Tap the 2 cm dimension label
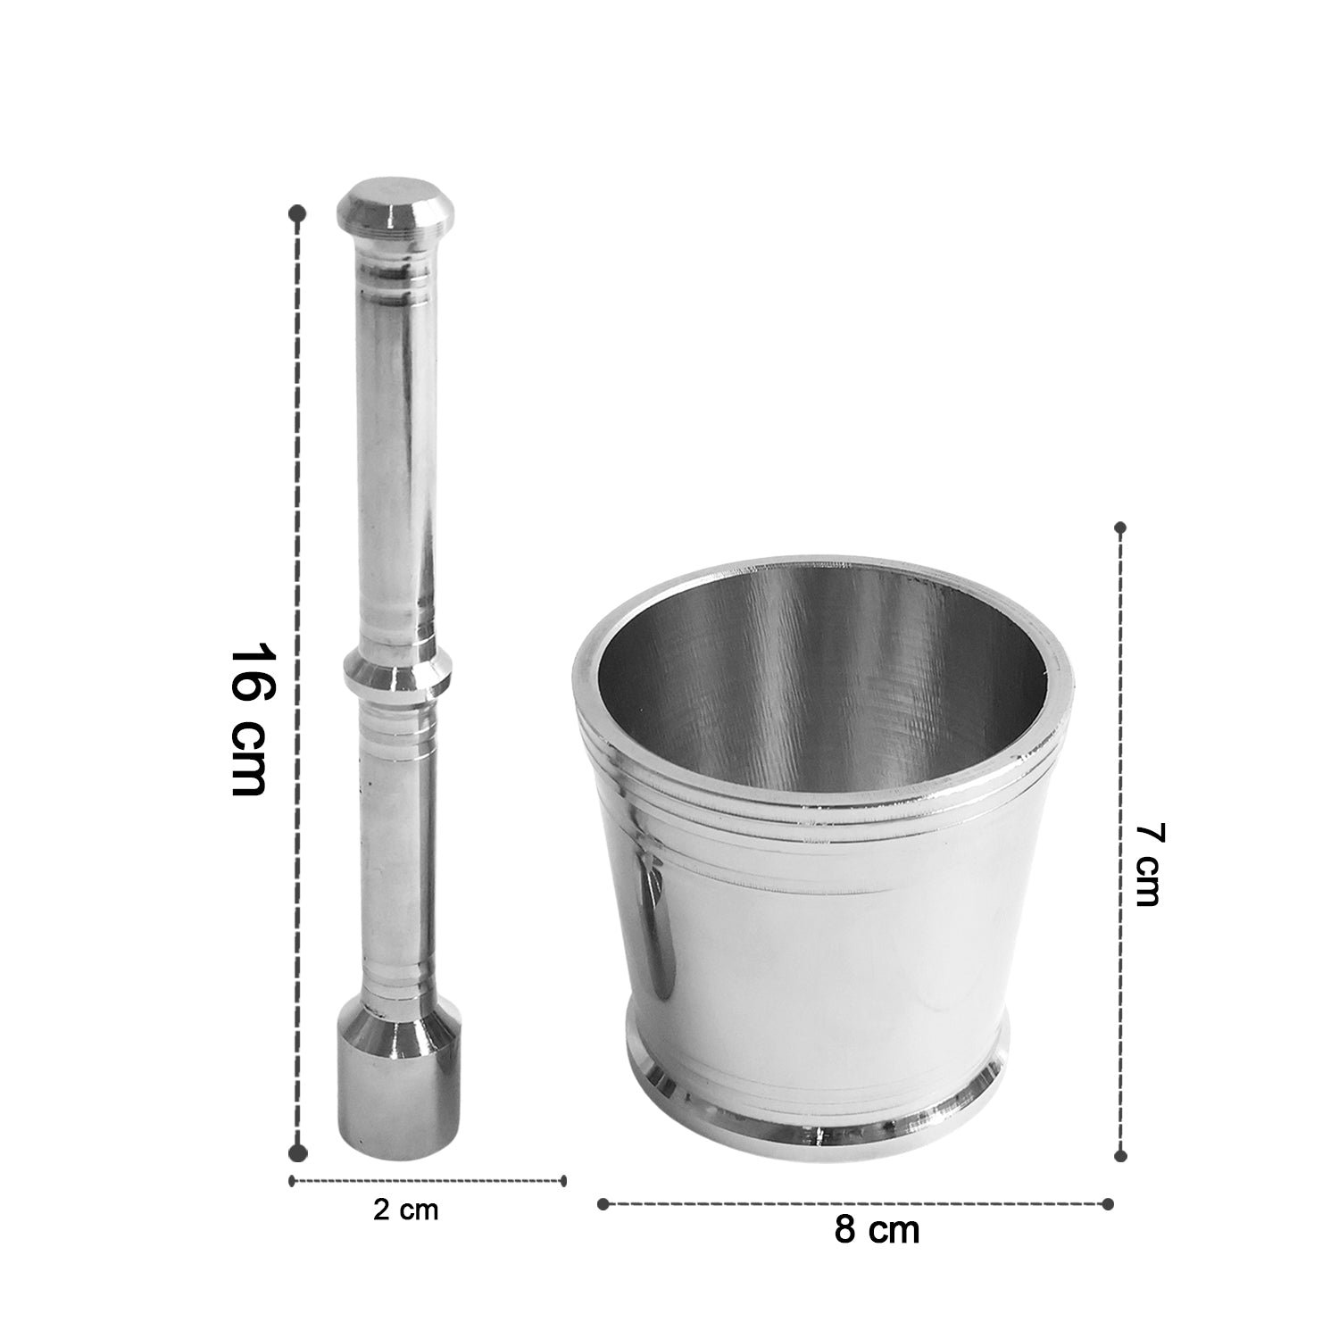pos(406,1210)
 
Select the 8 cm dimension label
pos(877,1230)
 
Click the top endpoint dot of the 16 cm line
pos(299,214)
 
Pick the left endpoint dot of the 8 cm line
pos(603,1203)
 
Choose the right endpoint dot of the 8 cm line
pos(1108,1203)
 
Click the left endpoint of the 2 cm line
pos(292,1180)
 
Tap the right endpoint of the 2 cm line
pos(564,1180)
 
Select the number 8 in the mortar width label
pos(845,1230)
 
